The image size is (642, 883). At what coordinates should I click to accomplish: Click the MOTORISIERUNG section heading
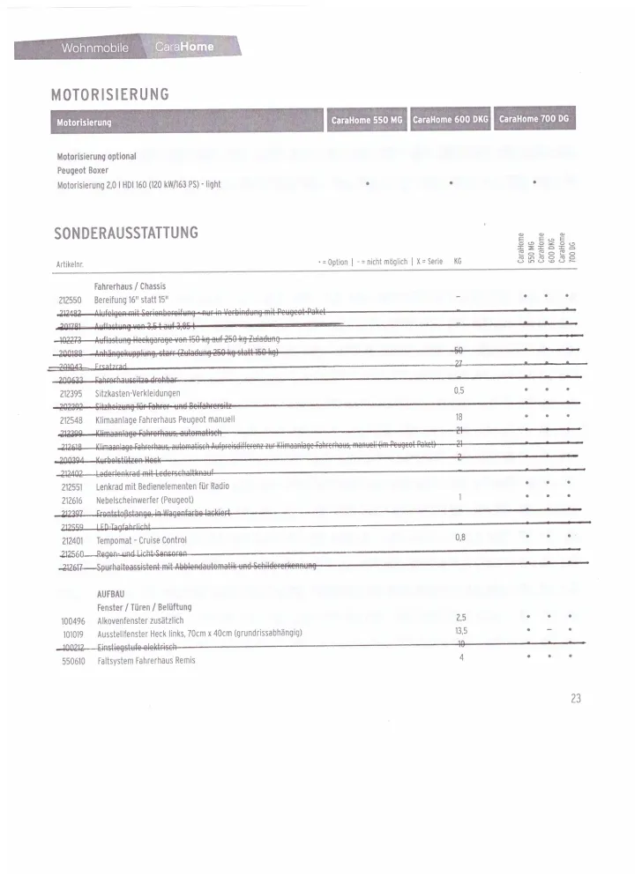(x=110, y=94)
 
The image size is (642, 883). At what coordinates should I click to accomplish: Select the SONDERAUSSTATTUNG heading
(x=126, y=233)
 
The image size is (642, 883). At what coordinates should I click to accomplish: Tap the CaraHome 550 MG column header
(x=366, y=119)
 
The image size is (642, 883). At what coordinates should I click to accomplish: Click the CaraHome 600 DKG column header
(x=450, y=119)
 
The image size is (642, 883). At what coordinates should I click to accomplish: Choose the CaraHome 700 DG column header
(x=534, y=119)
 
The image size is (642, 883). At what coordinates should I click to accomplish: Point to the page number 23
(x=576, y=698)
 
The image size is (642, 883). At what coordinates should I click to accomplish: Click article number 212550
(x=70, y=300)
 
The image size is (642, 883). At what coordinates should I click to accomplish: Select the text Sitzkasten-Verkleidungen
(x=138, y=393)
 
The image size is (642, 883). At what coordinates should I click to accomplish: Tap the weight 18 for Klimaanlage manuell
(x=459, y=417)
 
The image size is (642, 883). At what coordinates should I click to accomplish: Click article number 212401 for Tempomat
(x=71, y=539)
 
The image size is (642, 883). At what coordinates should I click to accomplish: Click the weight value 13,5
(x=461, y=632)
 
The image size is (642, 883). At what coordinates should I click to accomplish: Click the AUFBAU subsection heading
(x=111, y=594)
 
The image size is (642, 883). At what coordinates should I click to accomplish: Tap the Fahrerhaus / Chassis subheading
(x=130, y=286)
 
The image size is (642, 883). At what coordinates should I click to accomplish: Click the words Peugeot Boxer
(x=83, y=170)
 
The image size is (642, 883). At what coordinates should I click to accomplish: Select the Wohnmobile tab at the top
(x=94, y=47)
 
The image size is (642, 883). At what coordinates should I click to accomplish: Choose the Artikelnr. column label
(x=70, y=263)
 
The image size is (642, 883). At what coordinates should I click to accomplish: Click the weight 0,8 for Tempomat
(x=460, y=537)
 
